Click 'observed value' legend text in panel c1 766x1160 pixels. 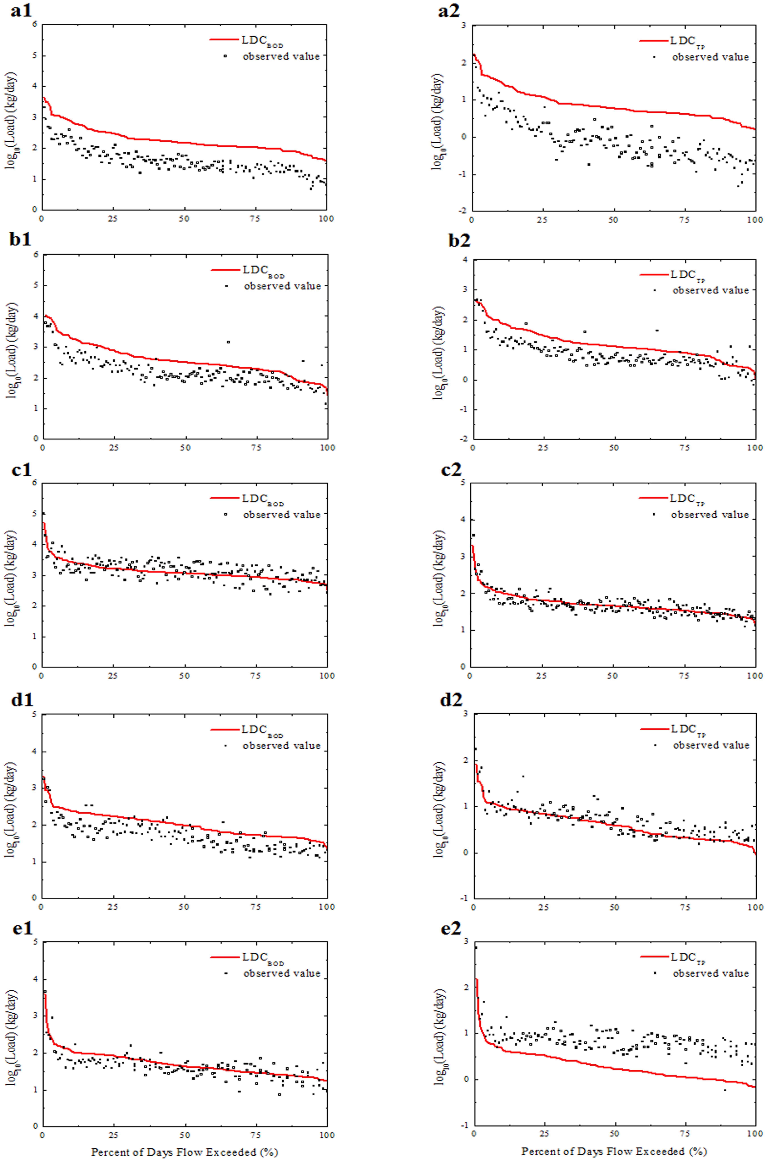[x=282, y=515]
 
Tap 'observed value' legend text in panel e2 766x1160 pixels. [x=711, y=973]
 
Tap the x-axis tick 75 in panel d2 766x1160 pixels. [x=685, y=907]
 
